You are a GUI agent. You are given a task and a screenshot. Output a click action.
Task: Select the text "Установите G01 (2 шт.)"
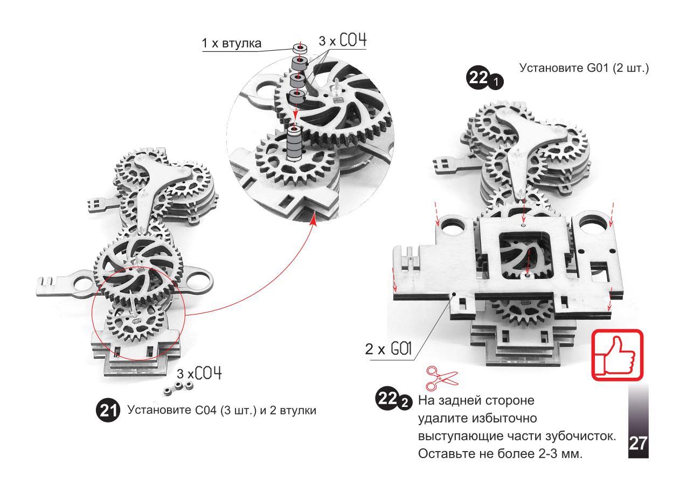[583, 69]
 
